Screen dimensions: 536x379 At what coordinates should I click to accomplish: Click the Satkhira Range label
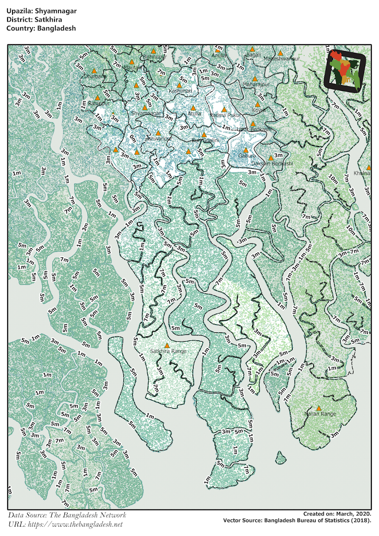[168, 352]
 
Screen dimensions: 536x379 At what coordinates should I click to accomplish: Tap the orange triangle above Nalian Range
[319, 408]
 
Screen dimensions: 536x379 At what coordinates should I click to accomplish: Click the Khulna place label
[361, 173]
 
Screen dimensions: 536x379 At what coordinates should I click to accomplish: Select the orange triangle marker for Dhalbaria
[94, 71]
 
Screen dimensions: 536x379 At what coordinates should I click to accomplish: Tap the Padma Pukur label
[225, 115]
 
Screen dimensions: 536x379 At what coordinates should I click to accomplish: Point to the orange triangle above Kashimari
[180, 85]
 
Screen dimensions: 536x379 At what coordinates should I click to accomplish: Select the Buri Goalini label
[205, 141]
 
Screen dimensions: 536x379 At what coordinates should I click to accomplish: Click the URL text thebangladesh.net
[76, 524]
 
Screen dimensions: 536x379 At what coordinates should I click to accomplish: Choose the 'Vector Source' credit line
[297, 521]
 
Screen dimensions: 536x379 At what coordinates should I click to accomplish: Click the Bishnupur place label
[154, 57]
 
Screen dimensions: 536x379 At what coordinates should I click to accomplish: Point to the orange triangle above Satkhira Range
[167, 345]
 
